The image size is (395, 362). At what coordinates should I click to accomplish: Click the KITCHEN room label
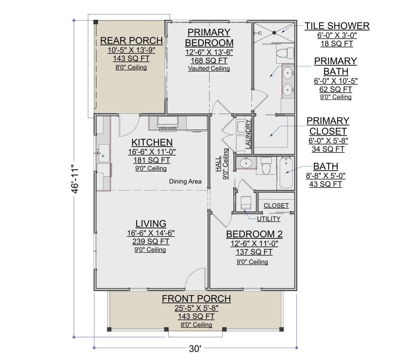click(x=152, y=142)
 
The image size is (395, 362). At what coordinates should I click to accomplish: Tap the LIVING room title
click(x=151, y=224)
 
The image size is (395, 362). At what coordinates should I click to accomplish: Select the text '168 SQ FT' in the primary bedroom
click(x=209, y=61)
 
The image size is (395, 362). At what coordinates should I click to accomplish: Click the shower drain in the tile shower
click(x=274, y=33)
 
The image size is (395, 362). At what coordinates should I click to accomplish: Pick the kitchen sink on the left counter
click(x=104, y=153)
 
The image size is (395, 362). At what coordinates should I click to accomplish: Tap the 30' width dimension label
click(x=195, y=348)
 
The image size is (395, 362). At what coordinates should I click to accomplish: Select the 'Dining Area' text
click(x=185, y=181)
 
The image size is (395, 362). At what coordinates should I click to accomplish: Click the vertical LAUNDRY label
click(x=248, y=134)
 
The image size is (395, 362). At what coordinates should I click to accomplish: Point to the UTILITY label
click(x=269, y=219)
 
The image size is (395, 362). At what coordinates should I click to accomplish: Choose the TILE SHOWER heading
click(x=337, y=26)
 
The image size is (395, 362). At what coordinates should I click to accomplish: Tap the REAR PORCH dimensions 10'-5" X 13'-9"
click(x=131, y=50)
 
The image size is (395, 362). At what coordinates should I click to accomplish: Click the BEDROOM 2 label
click(x=254, y=234)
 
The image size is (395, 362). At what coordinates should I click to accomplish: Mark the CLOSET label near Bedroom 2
click(x=276, y=206)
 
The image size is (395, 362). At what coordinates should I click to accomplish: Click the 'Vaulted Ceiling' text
click(x=209, y=69)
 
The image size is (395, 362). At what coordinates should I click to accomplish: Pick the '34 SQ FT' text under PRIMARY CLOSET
click(x=328, y=149)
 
